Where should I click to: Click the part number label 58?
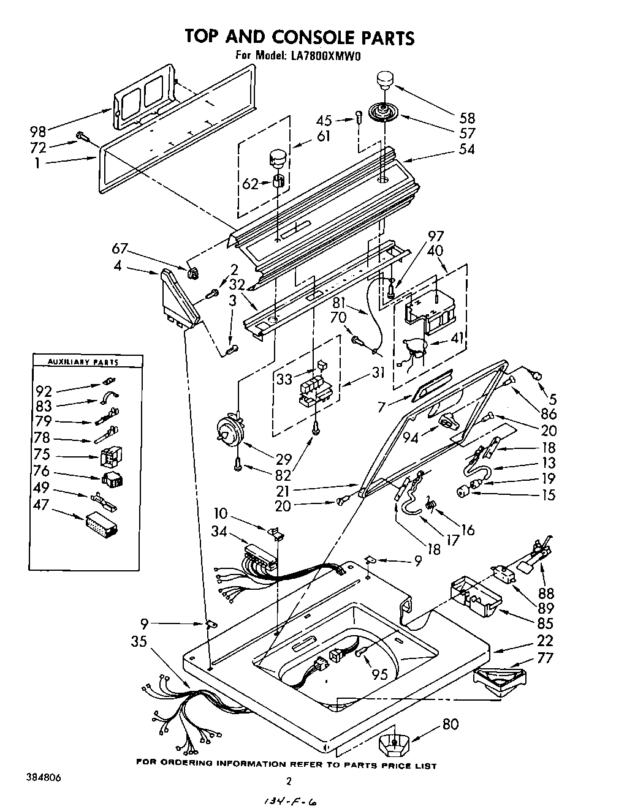468,118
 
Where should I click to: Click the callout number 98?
38,132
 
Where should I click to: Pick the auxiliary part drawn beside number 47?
101,524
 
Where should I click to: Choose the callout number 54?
468,149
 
